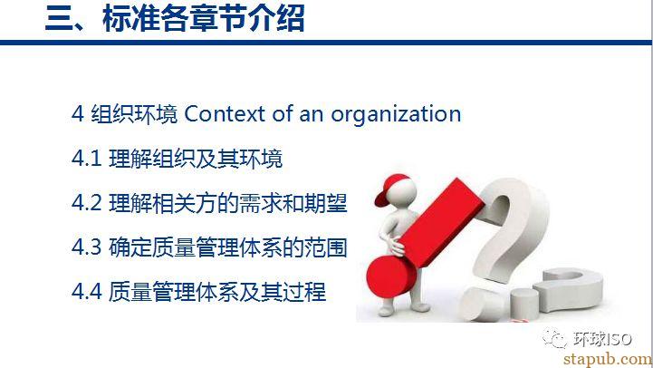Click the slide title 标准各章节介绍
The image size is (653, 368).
(x=204, y=19)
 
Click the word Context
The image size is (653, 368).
(x=225, y=114)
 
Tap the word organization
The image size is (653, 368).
(x=396, y=115)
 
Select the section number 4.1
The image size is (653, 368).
(x=87, y=159)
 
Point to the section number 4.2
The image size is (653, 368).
(x=87, y=203)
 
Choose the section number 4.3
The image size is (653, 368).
(x=87, y=247)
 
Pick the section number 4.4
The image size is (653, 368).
(x=87, y=291)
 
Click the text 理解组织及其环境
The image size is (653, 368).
(x=196, y=159)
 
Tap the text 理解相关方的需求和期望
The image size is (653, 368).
(x=228, y=203)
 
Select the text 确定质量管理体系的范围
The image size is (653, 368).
(x=228, y=247)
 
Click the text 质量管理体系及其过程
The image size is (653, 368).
(x=217, y=291)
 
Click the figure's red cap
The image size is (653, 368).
(x=391, y=188)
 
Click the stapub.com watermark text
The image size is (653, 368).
(x=607, y=359)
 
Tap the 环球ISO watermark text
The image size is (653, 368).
(x=602, y=339)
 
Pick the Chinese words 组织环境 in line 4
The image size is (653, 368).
(x=135, y=114)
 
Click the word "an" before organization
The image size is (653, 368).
(x=311, y=115)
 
